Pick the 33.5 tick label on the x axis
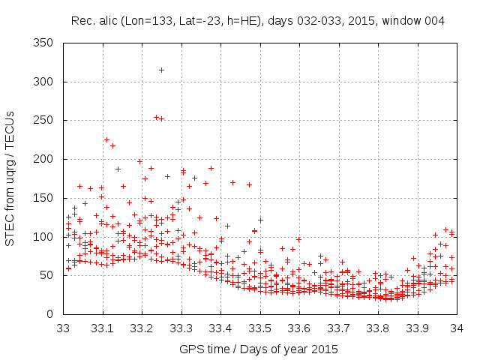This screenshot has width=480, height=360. pos(260,328)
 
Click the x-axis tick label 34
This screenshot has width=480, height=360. pos(456,328)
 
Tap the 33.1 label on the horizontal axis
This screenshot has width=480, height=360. pos(103,328)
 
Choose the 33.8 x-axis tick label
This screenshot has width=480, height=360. pos(378,328)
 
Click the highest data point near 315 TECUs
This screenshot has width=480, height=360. pos(161,70)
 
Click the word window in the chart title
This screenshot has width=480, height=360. pos(402,21)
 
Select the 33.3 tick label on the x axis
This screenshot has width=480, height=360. pos(181,328)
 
